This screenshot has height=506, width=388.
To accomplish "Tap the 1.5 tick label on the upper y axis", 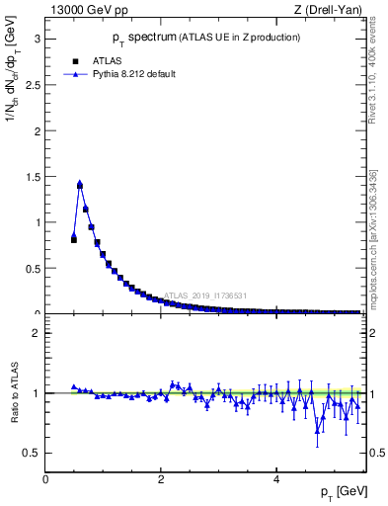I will [x=31, y=177].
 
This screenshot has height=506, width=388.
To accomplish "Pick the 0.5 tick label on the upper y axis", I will [x=31, y=268].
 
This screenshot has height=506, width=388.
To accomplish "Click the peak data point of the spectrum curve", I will [x=80, y=184].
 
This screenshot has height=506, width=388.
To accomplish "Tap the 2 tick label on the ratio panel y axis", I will [x=36, y=333].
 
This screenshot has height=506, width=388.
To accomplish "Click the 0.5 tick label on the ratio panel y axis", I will [x=31, y=453].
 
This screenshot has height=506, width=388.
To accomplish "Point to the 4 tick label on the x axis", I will [x=275, y=478].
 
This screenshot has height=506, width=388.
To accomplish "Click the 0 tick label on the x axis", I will [x=45, y=478].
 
